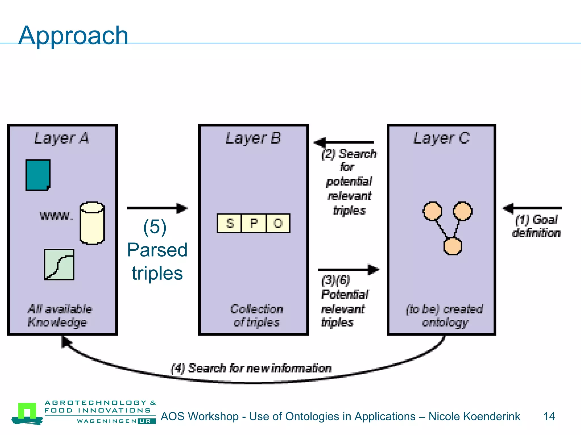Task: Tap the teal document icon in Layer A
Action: tap(38, 175)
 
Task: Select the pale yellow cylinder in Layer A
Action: tap(92, 223)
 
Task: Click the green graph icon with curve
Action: tap(59, 265)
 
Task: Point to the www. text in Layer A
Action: tap(56, 216)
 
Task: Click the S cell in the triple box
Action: tap(230, 223)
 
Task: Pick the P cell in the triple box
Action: tap(254, 223)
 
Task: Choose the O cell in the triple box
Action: tap(278, 223)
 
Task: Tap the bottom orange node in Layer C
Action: tap(452, 246)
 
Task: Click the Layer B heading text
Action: tap(253, 138)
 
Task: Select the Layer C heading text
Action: tap(441, 138)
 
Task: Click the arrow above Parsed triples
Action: tap(157, 208)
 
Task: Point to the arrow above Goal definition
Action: tap(532, 208)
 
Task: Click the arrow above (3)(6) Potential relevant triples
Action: tap(348, 270)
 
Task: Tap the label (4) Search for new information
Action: tap(251, 368)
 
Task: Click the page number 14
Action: tap(549, 416)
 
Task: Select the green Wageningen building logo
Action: tap(27, 413)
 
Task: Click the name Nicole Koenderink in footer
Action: tap(474, 416)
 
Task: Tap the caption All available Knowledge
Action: tap(60, 315)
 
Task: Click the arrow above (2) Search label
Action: tap(344, 142)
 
